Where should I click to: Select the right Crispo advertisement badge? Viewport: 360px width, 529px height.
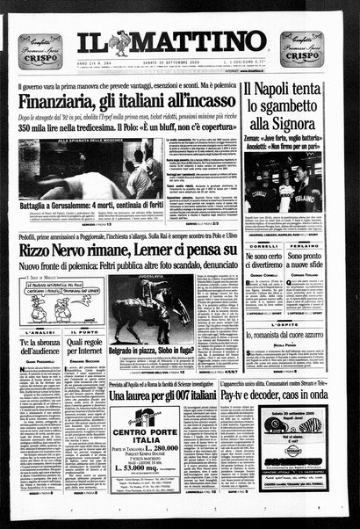click(300, 49)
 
